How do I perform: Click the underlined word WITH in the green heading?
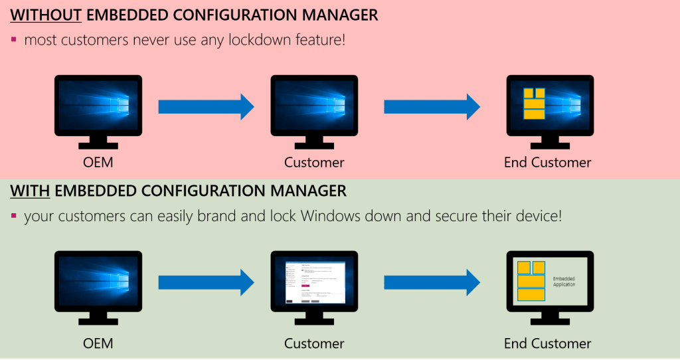coord(30,192)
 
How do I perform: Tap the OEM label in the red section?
coord(98,163)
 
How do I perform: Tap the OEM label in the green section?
coord(98,343)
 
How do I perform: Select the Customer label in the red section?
coord(314,163)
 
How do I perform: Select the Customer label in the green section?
coord(314,343)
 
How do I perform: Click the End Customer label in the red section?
coord(547,163)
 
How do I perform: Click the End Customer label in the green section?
coord(547,343)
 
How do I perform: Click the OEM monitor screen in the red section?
coord(98,104)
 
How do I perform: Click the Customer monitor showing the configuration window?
coord(314,281)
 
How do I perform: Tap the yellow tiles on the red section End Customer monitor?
coord(533,103)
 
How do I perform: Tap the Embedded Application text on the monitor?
coord(564,281)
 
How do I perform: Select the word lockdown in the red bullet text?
coord(261,41)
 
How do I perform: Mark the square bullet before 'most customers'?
coord(14,40)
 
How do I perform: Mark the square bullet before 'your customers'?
coord(14,217)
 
